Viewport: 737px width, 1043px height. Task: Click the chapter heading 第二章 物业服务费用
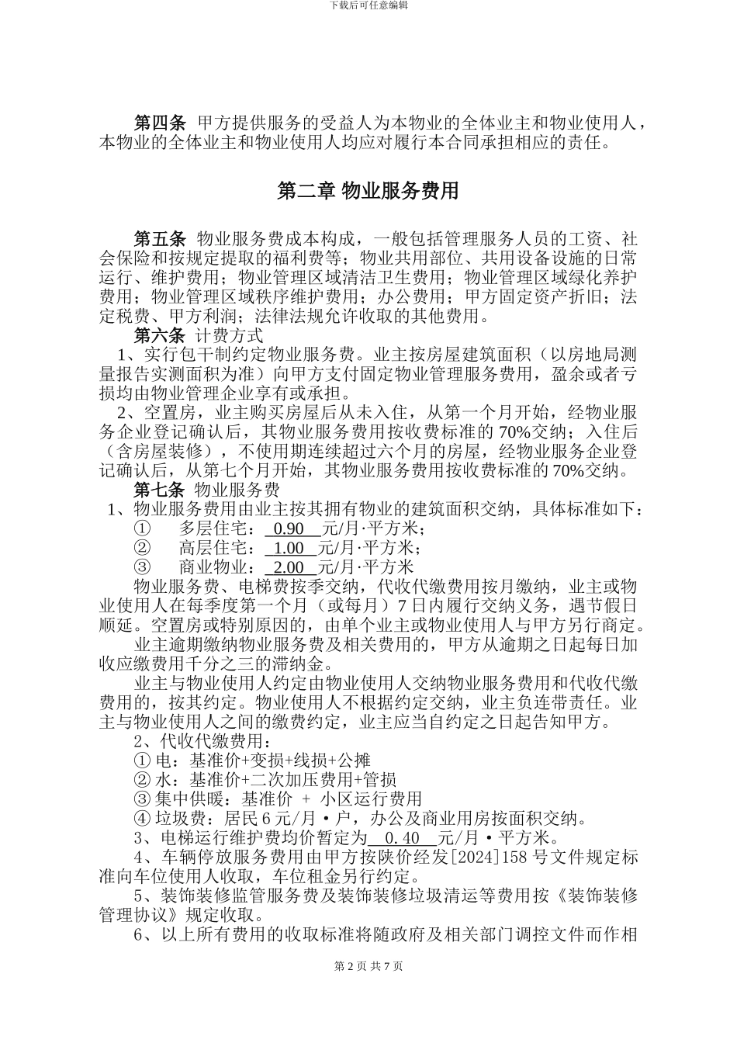coord(368,191)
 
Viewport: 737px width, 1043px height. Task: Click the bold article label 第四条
coord(161,123)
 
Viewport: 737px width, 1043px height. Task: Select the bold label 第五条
coord(161,237)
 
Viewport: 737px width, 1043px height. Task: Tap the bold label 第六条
coord(161,335)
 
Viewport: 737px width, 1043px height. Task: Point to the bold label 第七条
coord(161,490)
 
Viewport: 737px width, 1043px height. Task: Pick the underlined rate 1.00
coord(290,549)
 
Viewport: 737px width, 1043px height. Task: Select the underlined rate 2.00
coord(290,568)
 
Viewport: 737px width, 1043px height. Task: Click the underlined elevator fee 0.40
coord(401,838)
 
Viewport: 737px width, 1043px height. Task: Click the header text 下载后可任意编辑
coord(368,5)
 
